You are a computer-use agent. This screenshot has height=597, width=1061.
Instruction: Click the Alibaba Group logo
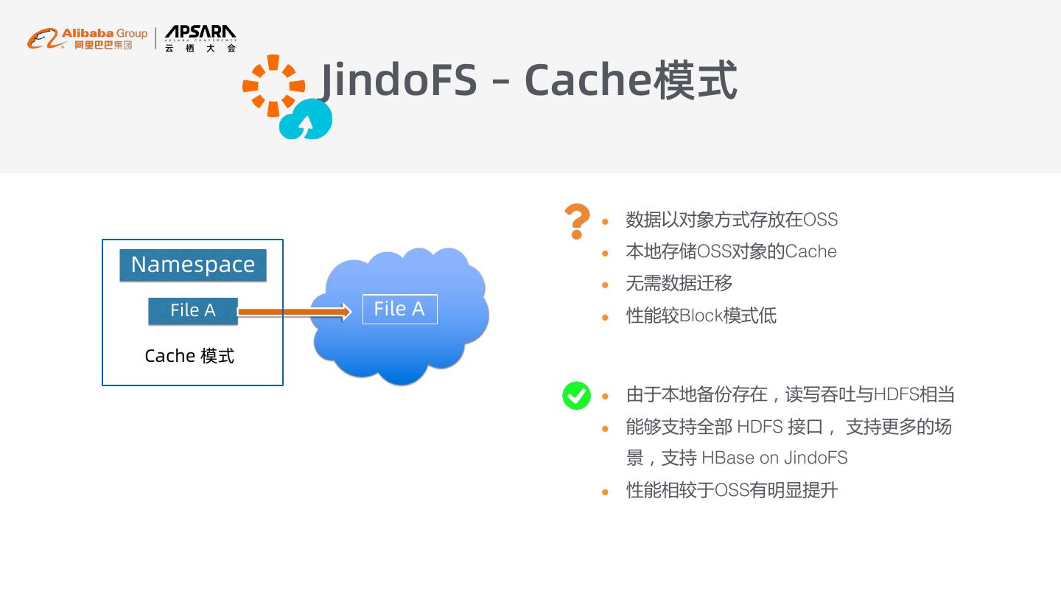tap(87, 38)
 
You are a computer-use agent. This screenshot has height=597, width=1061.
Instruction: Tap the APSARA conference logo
tap(200, 38)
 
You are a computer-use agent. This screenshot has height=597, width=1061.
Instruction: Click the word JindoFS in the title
tap(399, 80)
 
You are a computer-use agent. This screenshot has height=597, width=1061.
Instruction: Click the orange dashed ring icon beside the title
tap(273, 85)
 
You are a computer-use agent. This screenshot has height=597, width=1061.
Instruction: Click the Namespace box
tap(193, 265)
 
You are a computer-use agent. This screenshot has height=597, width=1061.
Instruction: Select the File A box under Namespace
tap(193, 311)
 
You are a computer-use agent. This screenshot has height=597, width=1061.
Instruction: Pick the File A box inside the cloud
tap(399, 309)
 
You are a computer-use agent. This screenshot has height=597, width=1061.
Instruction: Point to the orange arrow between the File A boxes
tap(295, 312)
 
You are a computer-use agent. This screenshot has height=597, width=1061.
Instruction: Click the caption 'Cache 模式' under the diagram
tap(189, 356)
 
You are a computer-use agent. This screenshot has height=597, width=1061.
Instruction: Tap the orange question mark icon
tap(577, 220)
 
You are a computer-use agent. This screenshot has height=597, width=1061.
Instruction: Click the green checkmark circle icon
tap(576, 396)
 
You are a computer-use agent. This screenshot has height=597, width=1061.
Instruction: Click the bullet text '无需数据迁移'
tap(679, 284)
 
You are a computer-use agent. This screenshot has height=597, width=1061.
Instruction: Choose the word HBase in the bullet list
tap(727, 458)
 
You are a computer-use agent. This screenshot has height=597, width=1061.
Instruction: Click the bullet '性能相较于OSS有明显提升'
tap(732, 491)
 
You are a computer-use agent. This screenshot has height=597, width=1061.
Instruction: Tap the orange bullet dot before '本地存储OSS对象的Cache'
tap(606, 253)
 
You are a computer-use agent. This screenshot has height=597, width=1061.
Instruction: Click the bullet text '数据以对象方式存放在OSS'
tap(732, 220)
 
